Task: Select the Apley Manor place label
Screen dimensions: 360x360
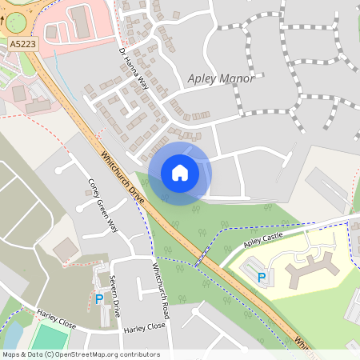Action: point(220,78)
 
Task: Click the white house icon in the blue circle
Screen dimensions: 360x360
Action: point(179,173)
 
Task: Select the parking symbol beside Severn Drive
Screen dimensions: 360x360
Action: point(99,299)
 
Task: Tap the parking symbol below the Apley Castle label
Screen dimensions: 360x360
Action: point(261,278)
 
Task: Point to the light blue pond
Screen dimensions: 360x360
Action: point(12,331)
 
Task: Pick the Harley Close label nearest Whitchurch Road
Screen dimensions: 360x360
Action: point(144,326)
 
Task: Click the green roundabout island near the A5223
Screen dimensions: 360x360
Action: point(10,12)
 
